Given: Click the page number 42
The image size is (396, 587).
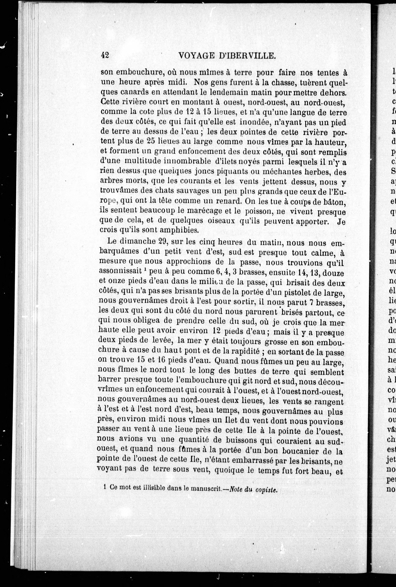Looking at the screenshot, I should pos(105,55).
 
